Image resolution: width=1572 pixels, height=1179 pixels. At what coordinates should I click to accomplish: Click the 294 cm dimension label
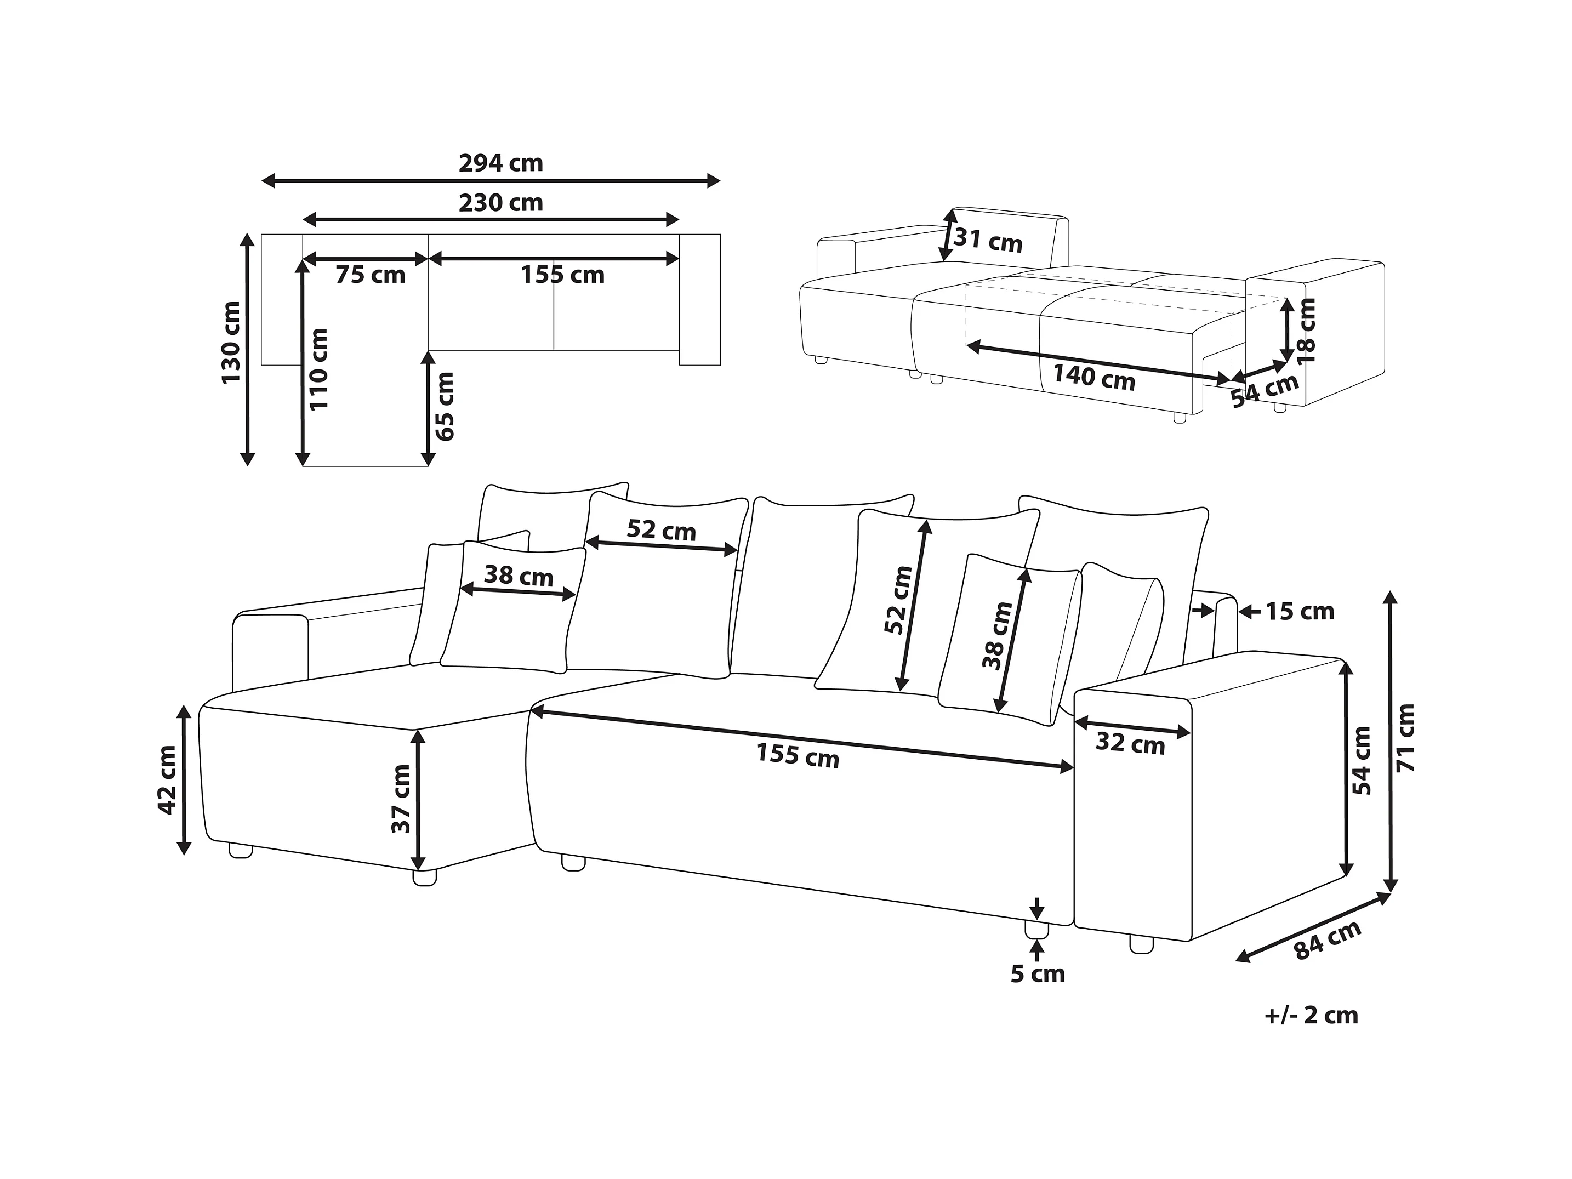click(500, 163)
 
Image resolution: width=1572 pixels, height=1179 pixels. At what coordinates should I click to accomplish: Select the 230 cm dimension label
click(500, 203)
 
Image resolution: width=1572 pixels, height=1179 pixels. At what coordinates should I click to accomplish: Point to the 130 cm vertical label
click(231, 343)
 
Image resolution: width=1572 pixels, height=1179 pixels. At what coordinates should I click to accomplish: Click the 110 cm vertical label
click(319, 369)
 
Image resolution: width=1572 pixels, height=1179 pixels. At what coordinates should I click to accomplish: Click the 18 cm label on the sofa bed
click(1306, 331)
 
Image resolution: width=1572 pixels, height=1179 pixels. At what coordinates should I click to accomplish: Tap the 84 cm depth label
click(1327, 940)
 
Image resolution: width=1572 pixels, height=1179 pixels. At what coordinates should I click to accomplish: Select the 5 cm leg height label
click(1038, 973)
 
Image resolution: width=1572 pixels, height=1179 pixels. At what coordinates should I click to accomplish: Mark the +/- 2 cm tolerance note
click(1311, 1015)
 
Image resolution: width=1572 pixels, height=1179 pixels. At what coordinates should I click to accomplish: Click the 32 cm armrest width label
click(1130, 744)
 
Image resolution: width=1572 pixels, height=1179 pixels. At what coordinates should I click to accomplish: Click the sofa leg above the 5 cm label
click(1037, 930)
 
